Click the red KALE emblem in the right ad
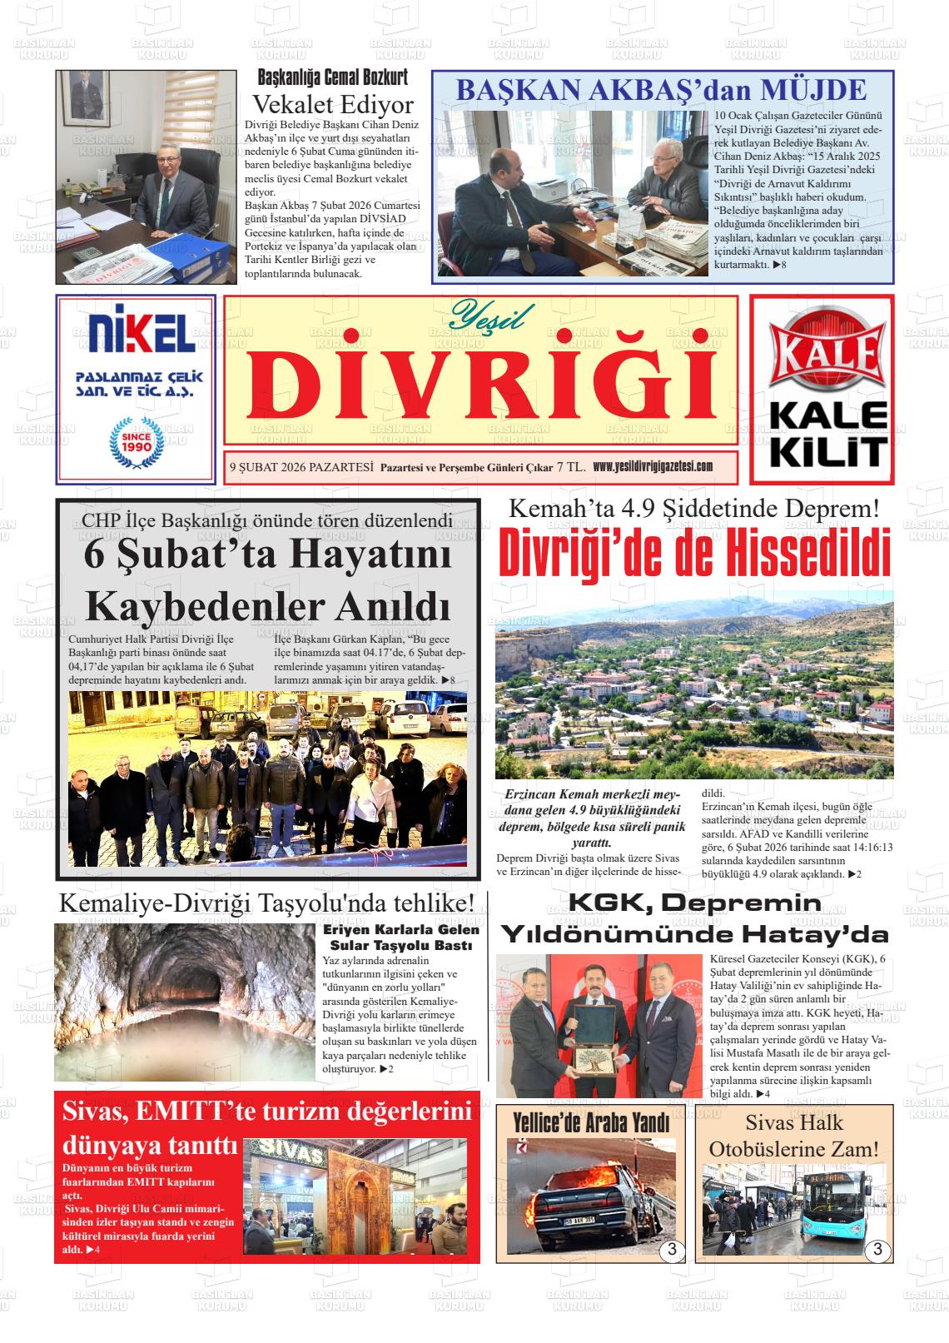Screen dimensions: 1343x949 click(822, 347)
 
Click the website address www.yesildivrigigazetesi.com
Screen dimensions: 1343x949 click(653, 466)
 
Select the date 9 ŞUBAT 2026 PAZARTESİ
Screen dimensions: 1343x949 click(300, 467)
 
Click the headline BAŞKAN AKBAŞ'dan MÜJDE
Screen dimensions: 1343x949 click(662, 90)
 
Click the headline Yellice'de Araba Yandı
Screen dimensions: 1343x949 click(591, 1123)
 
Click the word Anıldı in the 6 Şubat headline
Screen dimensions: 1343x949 click(393, 605)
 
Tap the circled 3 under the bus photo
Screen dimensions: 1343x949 click(877, 1250)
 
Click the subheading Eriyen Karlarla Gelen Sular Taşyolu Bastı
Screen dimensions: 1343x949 click(400, 937)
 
